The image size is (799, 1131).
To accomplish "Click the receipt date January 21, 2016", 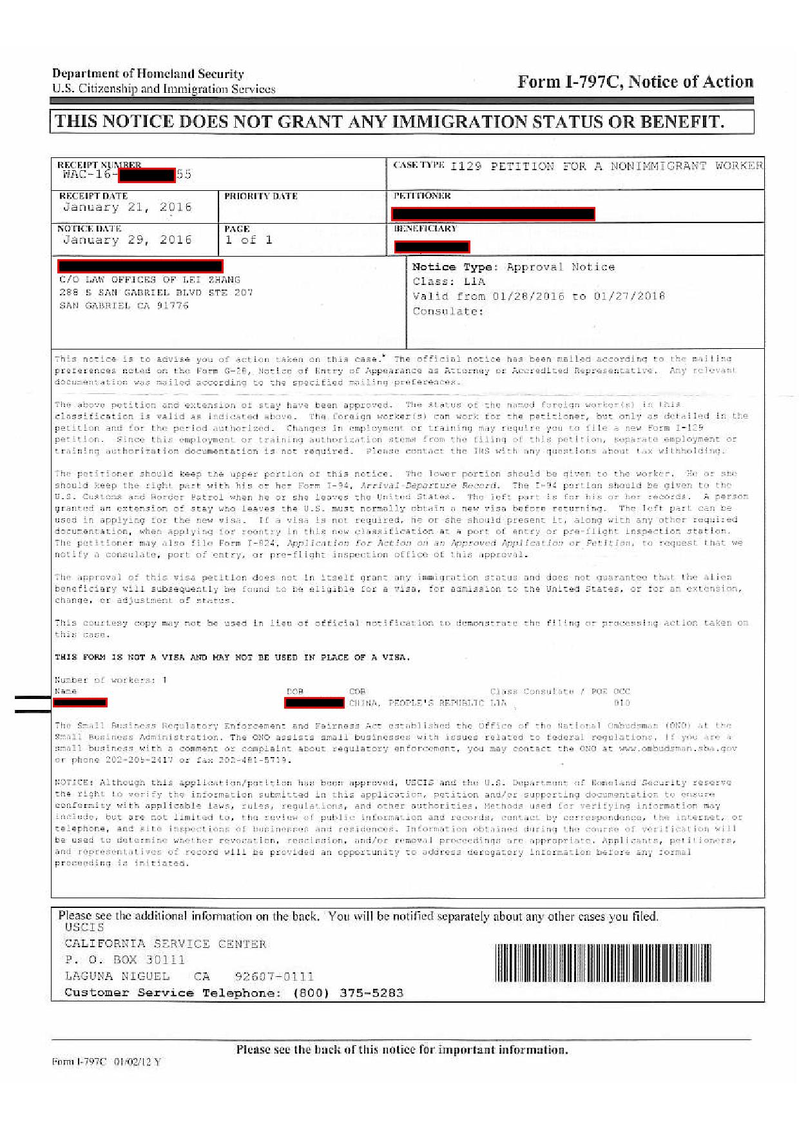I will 127,207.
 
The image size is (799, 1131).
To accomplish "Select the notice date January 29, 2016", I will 127,240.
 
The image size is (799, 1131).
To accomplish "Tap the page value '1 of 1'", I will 248,240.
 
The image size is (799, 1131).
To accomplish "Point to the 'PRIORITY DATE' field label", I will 260,196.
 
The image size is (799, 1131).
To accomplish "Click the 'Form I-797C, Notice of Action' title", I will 635,82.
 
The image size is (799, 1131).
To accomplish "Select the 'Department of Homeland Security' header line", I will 148,74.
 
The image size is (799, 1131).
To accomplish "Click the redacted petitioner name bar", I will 493,214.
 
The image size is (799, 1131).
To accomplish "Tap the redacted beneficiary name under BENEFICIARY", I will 432,246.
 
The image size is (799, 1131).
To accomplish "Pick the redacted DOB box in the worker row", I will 314,702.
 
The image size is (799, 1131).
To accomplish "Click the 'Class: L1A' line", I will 448,281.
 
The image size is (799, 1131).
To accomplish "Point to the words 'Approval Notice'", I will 560,267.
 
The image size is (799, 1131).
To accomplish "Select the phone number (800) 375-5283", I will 348,992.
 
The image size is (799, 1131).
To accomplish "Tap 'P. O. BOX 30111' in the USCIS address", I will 124,959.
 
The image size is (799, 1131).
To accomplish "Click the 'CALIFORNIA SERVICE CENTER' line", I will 165,943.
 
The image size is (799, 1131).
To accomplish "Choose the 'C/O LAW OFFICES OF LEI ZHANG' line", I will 149,280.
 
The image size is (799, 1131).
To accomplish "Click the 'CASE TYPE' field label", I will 418,165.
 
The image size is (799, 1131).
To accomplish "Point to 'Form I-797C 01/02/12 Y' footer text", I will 106,1061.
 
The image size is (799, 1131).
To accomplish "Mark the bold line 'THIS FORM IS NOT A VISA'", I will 232,657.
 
